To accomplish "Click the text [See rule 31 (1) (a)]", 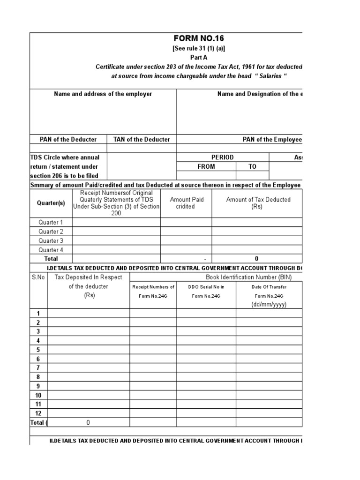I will pos(202,49).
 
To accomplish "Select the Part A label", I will pos(202,58).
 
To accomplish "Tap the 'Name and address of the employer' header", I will pos(103,94).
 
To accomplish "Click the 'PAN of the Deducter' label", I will pos(68,139).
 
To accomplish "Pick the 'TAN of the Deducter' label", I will pos(142,139).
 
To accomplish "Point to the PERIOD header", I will pos(223,157).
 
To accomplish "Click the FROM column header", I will pos(206,166).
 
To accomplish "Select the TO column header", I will pos(253,166).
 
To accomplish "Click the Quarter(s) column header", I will pos(51,203).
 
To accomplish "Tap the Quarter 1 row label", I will pos(51,222).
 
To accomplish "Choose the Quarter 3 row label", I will pos(51,240).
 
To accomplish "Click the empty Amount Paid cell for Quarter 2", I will pos(186,232).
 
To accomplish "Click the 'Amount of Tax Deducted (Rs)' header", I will pos(258,203).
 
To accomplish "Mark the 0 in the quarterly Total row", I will pos(257,259).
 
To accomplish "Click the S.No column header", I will pos(38,277).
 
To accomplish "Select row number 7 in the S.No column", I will pos(38,368).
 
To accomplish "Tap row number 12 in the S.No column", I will pos(38,413).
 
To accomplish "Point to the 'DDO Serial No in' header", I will pos(206,287).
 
